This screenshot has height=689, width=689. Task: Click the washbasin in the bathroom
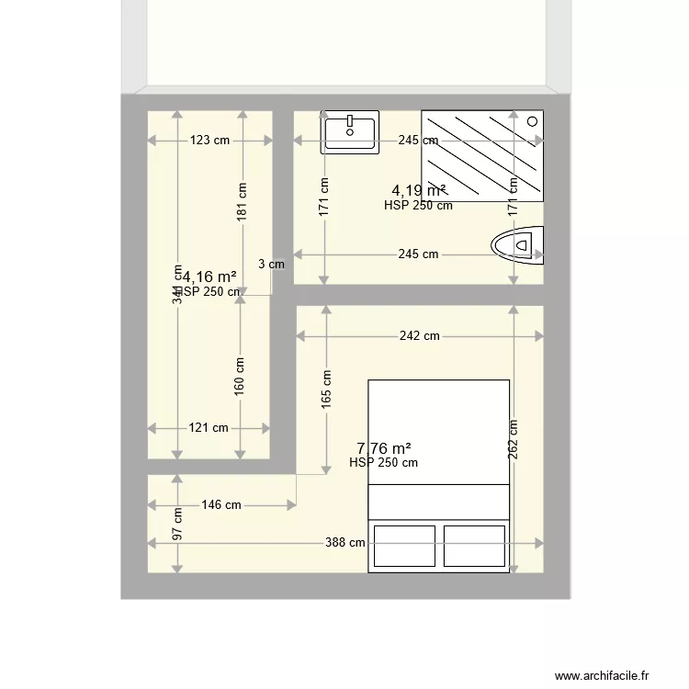pyautogui.click(x=349, y=132)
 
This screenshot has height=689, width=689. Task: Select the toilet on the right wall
pyautogui.click(x=516, y=245)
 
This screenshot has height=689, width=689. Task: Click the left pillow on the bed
pyautogui.click(x=402, y=546)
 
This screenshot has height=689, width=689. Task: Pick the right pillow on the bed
pyautogui.click(x=474, y=546)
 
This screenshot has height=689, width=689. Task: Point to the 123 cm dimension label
pyautogui.click(x=209, y=141)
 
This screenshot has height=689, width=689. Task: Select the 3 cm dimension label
pyautogui.click(x=271, y=264)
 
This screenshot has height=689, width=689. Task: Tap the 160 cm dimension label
pyautogui.click(x=240, y=376)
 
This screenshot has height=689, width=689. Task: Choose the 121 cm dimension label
pyautogui.click(x=209, y=427)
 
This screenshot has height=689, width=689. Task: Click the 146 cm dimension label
pyautogui.click(x=221, y=504)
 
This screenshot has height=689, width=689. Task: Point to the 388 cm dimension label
pyautogui.click(x=345, y=543)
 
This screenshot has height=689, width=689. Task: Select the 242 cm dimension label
pyautogui.click(x=419, y=336)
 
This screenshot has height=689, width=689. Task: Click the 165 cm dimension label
pyautogui.click(x=326, y=390)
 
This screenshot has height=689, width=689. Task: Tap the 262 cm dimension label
pyautogui.click(x=513, y=439)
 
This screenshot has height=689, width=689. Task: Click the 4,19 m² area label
pyautogui.click(x=419, y=191)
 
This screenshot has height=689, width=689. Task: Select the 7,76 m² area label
pyautogui.click(x=383, y=448)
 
